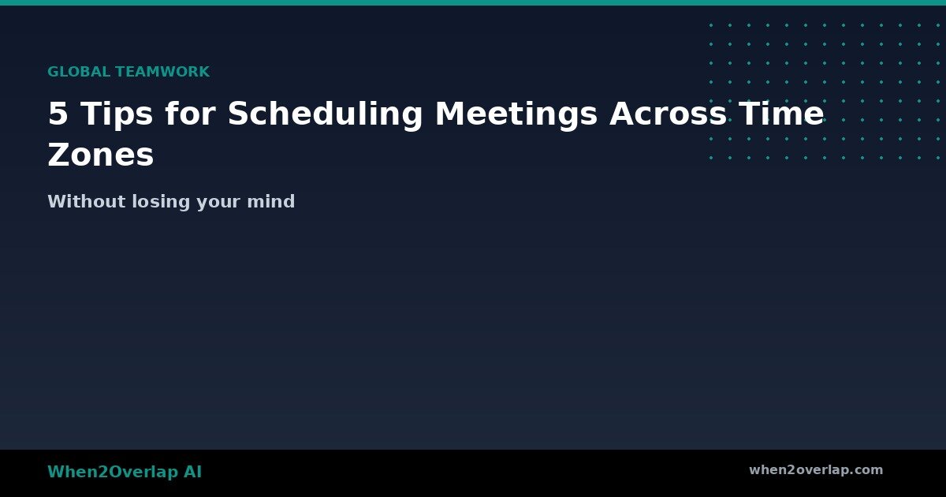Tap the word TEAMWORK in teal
(162, 72)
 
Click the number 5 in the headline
(58, 114)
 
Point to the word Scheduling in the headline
(325, 114)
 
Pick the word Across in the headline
(666, 114)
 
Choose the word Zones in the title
(100, 155)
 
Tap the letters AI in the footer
(192, 473)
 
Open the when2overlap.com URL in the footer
(816, 470)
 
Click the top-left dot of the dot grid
(711, 25)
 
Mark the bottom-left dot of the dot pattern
(711, 158)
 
